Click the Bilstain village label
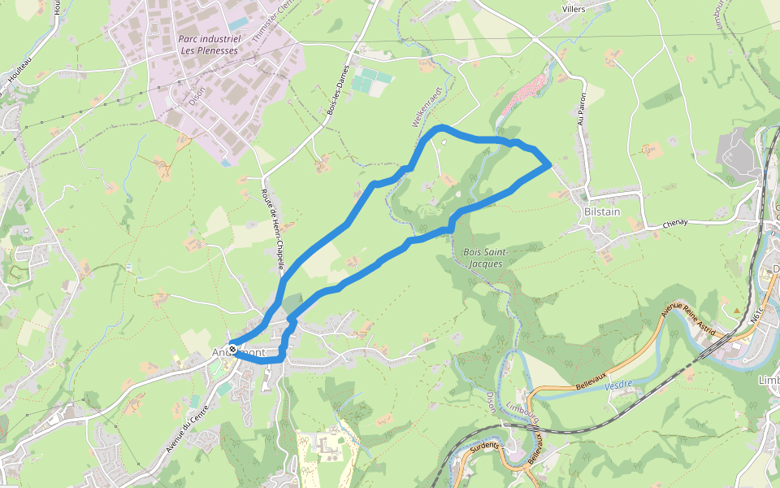tap(602, 211)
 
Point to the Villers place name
tap(574, 9)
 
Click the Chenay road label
tap(675, 223)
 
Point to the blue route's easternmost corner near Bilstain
tap(551, 165)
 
